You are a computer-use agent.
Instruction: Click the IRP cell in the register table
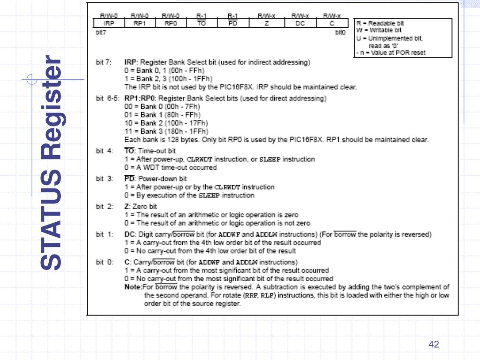tap(109, 23)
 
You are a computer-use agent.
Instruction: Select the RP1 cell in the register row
tap(140, 23)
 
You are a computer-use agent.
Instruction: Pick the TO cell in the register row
tap(202, 23)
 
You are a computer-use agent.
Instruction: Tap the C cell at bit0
tap(331, 23)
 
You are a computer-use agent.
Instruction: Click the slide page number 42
tap(434, 345)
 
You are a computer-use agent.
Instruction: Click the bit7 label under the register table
tap(100, 33)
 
